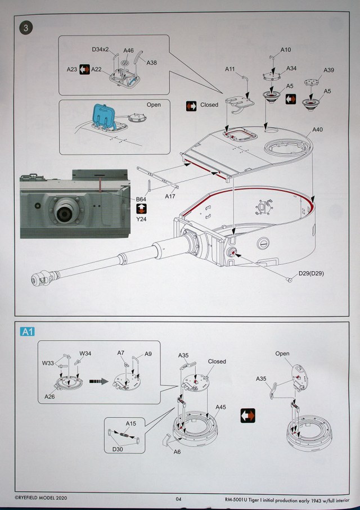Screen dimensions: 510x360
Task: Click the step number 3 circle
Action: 25,26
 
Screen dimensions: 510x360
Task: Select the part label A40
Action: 318,130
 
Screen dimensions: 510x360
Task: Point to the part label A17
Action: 170,197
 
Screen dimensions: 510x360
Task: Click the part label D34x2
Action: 101,50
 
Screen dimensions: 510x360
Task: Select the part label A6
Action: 177,452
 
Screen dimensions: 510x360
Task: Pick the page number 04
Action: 178,498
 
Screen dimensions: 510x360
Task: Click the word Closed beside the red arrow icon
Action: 209,105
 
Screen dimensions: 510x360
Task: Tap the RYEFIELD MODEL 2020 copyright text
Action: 42,498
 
